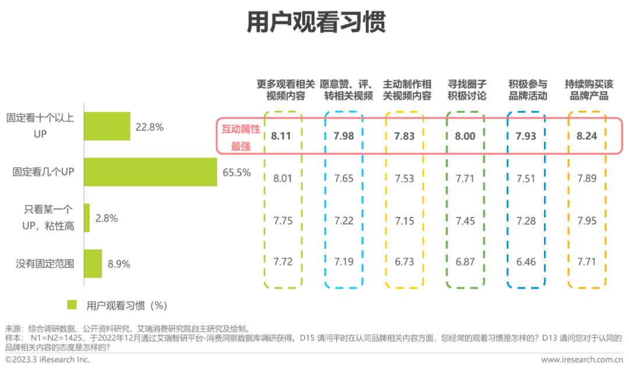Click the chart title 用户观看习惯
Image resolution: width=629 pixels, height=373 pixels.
(x=315, y=22)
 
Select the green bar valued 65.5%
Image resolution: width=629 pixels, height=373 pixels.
(x=150, y=172)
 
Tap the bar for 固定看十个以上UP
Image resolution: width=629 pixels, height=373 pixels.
(x=107, y=126)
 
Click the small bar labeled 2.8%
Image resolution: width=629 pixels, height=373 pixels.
(x=87, y=218)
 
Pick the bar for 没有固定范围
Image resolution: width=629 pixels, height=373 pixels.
(x=93, y=263)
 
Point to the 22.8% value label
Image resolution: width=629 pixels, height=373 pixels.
(x=150, y=126)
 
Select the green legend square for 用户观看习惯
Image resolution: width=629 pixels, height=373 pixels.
(x=72, y=305)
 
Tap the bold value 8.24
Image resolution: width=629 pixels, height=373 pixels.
(x=586, y=136)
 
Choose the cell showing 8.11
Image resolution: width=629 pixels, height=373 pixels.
(x=282, y=136)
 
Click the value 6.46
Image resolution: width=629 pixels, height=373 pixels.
(x=525, y=262)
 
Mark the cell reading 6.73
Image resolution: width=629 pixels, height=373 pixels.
(x=404, y=262)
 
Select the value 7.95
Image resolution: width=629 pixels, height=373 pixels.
(x=586, y=220)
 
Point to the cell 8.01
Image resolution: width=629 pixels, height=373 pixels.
(x=282, y=178)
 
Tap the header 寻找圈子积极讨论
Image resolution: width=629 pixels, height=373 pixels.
(x=467, y=90)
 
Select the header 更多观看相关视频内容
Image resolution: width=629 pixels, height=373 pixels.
(x=285, y=90)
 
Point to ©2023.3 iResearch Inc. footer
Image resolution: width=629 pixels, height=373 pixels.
(x=47, y=360)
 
